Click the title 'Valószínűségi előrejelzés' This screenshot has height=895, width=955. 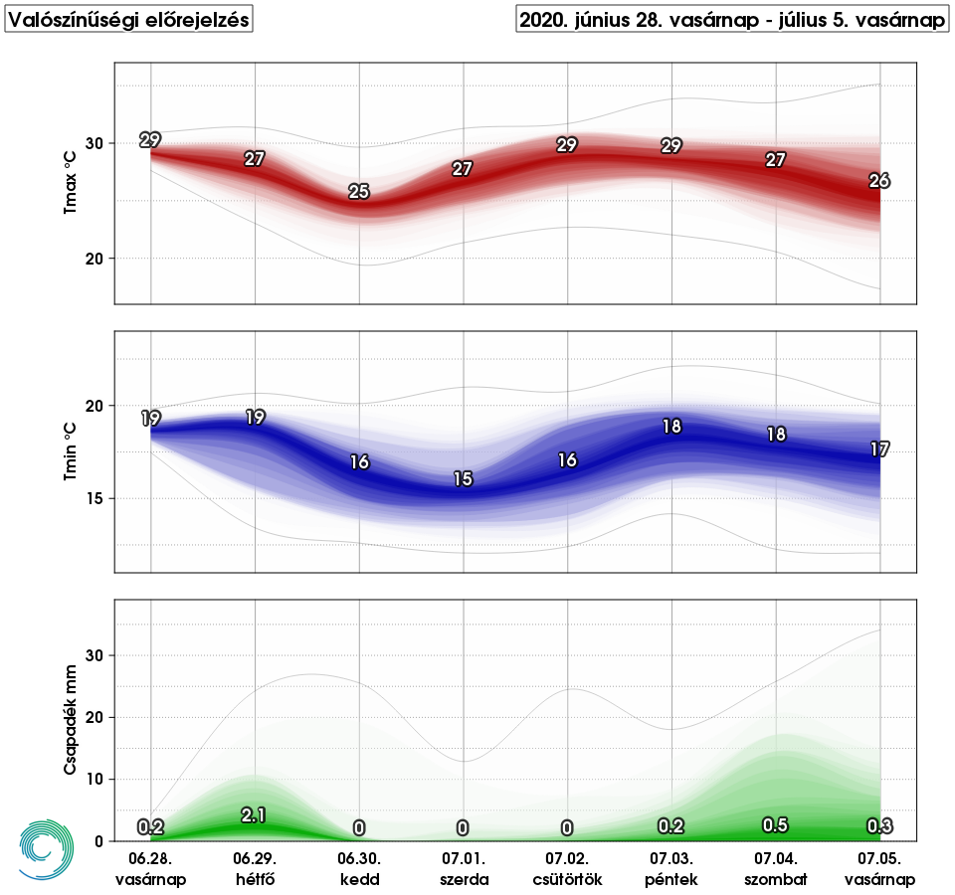coord(128,20)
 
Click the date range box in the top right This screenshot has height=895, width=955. coord(732,20)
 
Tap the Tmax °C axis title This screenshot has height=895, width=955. coord(71,183)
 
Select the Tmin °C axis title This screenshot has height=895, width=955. coord(71,451)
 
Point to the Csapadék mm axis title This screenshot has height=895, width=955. coord(71,720)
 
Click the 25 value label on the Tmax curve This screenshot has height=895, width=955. coord(359,192)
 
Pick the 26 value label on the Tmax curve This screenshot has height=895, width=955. coord(879,181)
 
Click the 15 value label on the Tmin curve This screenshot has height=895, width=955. coord(463,479)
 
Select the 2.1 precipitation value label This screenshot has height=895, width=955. coord(254,815)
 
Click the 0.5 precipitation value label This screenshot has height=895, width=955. coord(775,825)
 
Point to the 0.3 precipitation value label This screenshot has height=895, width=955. coord(879,825)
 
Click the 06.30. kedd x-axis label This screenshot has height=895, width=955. coord(359,869)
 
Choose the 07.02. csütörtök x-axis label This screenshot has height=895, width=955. coord(568,869)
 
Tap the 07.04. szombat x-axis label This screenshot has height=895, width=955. coord(776,869)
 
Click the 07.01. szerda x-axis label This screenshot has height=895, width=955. coord(465,869)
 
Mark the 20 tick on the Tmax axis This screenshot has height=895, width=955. coord(95,259)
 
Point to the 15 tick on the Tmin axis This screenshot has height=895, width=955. coord(95,498)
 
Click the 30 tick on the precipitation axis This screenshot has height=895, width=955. coord(95,655)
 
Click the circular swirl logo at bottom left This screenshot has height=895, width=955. coord(47,849)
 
